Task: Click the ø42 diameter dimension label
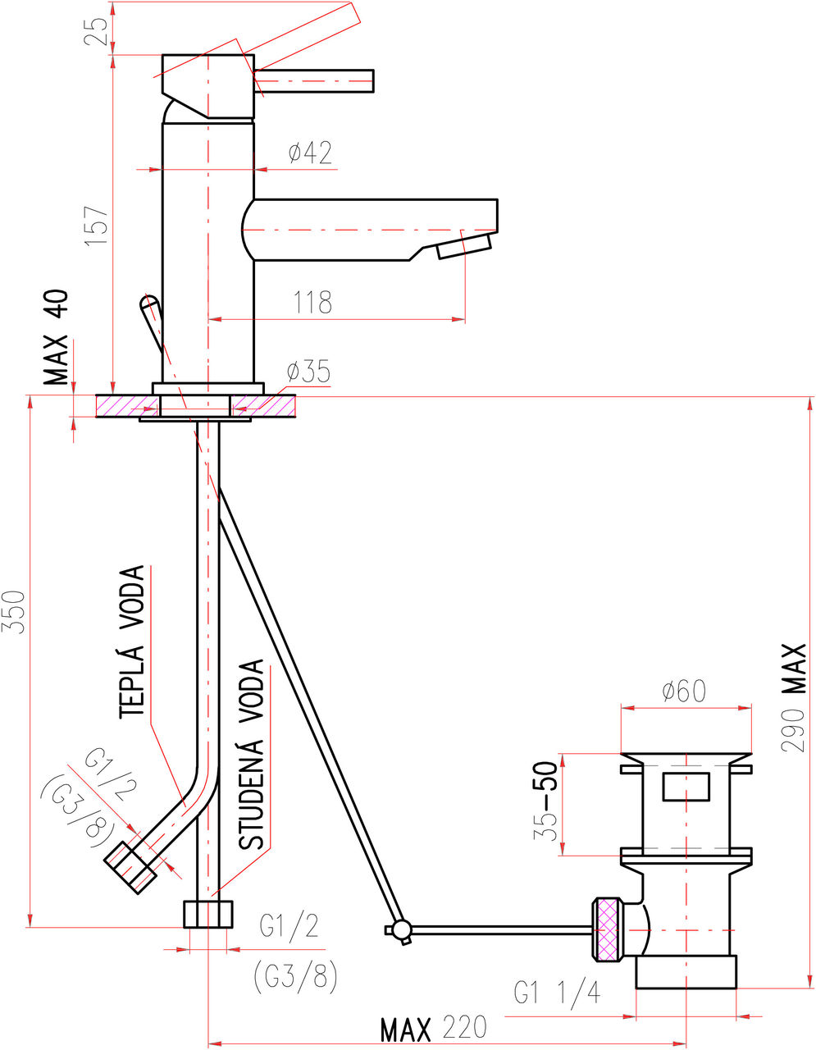tap(311, 153)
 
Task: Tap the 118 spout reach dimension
tap(313, 302)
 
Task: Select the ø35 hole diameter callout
tap(308, 372)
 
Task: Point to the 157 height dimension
tap(96, 226)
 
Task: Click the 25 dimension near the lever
tap(96, 31)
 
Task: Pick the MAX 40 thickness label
tap(56, 337)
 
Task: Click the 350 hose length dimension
tap(13, 612)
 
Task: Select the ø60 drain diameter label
tap(684, 691)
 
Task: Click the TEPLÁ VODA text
tap(132, 641)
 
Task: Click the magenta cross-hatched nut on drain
tap(608, 929)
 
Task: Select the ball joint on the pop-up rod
tap(401, 929)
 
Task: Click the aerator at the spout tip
tap(465, 247)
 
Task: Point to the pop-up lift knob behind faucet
tap(151, 322)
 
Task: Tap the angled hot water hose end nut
tap(130, 867)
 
